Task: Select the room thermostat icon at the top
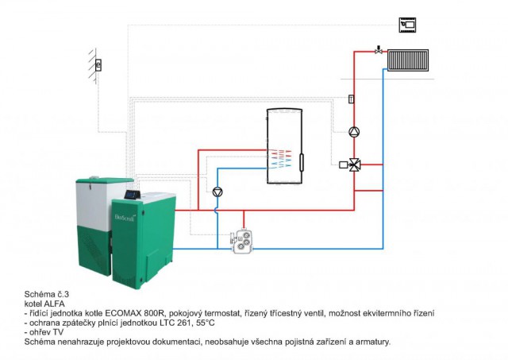409,24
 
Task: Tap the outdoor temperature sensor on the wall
98,65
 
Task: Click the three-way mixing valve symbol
355,165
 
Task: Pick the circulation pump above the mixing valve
355,132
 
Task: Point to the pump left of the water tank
218,191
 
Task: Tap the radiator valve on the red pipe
379,50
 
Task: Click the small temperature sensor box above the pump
351,99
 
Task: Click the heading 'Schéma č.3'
47,295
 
